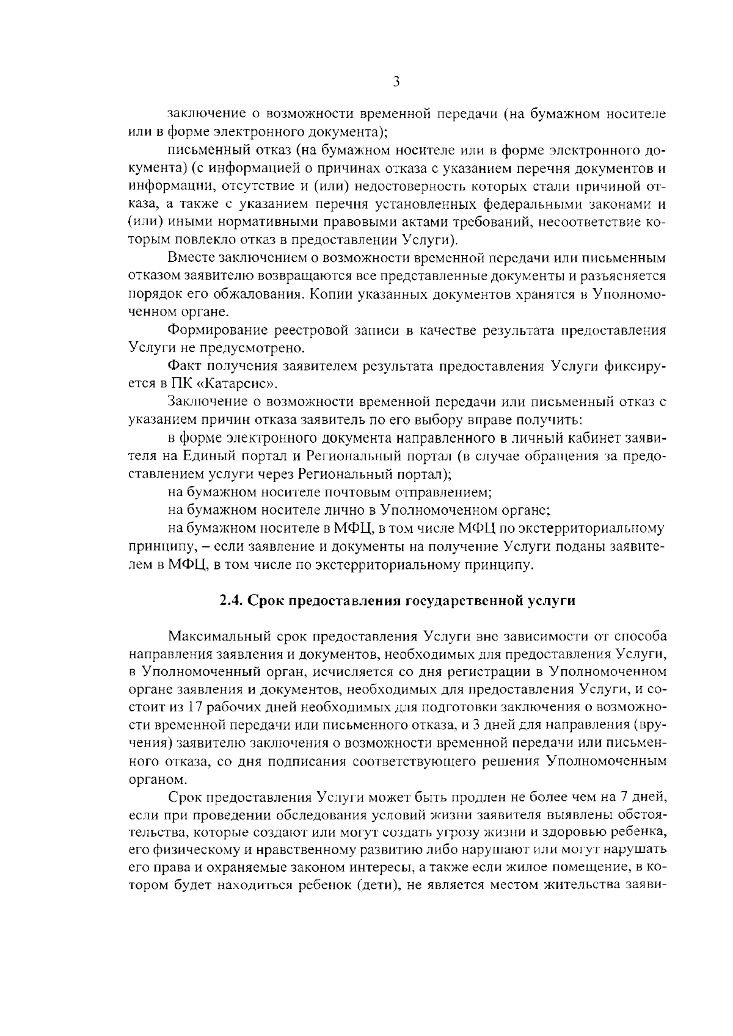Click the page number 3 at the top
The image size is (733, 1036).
point(396,81)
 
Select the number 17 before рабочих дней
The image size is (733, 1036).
point(195,708)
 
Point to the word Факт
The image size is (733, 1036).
point(186,366)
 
